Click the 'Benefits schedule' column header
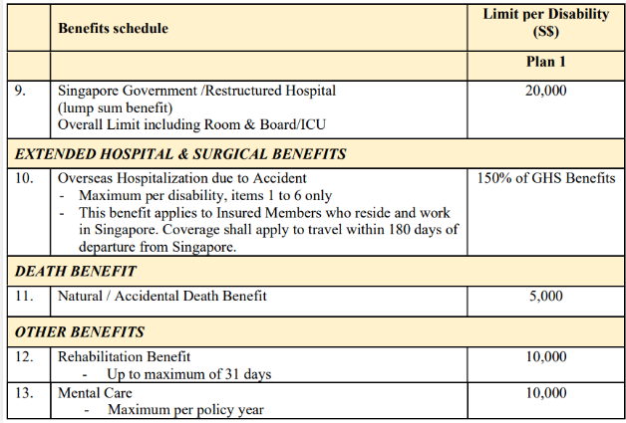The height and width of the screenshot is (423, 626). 113,28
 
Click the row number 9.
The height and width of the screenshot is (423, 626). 21,91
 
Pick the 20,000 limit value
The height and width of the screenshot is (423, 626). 544,91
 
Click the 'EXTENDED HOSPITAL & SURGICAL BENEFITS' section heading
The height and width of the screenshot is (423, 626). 180,154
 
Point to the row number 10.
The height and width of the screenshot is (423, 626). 24,178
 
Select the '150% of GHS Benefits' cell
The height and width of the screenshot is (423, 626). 544,178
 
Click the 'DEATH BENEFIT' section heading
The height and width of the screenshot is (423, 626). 77,271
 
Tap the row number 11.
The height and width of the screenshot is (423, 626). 24,296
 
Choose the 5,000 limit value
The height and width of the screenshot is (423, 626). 544,296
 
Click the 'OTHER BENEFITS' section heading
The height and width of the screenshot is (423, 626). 80,331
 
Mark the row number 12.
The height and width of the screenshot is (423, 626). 24,356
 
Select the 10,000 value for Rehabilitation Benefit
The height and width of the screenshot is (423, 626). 544,356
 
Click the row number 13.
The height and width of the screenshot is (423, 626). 24,393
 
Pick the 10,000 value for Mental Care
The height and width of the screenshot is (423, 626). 544,393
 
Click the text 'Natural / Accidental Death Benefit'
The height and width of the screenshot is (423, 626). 162,296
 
